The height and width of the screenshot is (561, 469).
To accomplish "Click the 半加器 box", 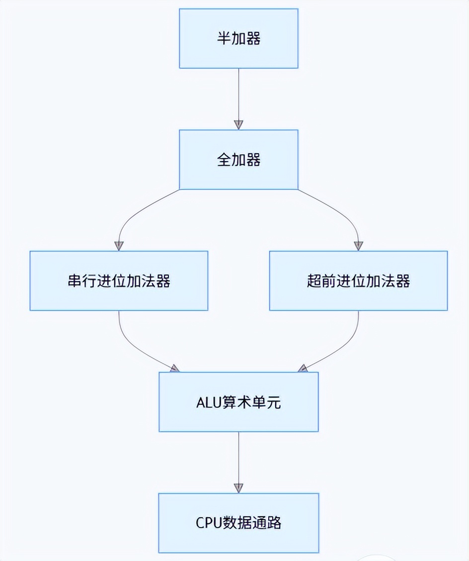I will click(238, 38).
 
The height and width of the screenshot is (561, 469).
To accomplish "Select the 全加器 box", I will click(238, 160).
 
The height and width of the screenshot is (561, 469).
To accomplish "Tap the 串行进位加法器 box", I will click(119, 281).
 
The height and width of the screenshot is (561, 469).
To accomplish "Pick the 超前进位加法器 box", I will click(358, 281).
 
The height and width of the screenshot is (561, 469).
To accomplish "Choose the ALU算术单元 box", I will click(238, 402).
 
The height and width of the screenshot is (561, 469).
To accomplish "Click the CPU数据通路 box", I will click(238, 523).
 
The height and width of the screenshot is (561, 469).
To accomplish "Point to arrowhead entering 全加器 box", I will click(238, 124).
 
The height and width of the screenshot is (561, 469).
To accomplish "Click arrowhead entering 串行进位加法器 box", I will click(119, 246).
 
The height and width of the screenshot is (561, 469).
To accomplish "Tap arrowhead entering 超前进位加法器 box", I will click(358, 246).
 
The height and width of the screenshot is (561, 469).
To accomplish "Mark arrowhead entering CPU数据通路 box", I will click(238, 488).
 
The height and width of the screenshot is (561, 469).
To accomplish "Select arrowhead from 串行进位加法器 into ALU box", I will click(174, 369).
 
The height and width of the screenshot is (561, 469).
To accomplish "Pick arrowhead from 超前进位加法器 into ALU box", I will click(303, 369).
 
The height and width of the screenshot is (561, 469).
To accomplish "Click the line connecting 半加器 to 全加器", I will click(238, 94).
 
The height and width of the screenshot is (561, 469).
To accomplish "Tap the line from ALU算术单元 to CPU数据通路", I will click(238, 458).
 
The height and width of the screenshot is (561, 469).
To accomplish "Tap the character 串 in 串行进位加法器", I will click(74, 281).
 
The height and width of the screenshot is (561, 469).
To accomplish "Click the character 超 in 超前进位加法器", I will click(313, 281).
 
